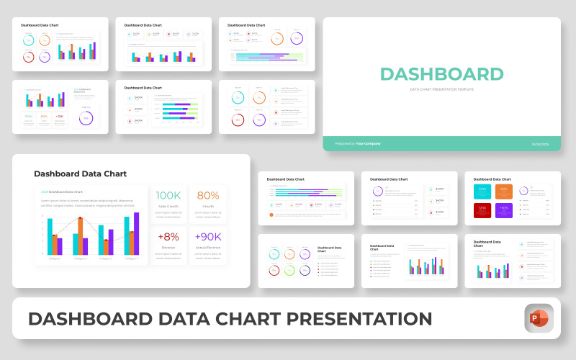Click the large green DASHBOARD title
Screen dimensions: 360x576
pos(441,74)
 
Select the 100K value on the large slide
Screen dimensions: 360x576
pos(168,195)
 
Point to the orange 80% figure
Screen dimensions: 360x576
pos(208,195)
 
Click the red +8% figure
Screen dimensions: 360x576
pos(168,236)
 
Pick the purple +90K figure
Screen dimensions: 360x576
pos(208,236)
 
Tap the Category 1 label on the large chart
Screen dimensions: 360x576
pos(55,258)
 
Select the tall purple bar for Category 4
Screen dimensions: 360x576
pos(135,233)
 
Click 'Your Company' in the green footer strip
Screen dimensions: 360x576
pos(368,143)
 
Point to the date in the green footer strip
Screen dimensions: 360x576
pos(540,143)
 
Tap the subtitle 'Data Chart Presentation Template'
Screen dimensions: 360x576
pos(441,89)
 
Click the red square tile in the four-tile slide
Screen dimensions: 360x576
pos(482,210)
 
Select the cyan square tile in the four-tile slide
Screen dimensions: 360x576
pos(482,191)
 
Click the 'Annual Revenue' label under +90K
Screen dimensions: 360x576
pos(208,247)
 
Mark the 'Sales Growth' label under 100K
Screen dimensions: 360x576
pos(168,206)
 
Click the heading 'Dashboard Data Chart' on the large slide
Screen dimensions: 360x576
pos(80,174)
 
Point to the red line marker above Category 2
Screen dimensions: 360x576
pos(81,217)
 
